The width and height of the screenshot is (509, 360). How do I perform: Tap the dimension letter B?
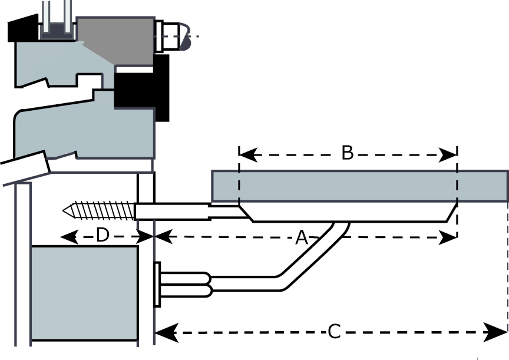[x=348, y=153]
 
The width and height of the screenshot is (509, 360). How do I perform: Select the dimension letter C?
[x=333, y=332]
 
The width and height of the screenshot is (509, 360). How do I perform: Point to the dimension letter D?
[x=103, y=236]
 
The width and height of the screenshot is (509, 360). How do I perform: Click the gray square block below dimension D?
[x=84, y=293]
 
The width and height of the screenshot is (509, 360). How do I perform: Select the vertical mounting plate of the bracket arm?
[x=157, y=285]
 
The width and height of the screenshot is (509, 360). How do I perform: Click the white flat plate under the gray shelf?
[x=348, y=212]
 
